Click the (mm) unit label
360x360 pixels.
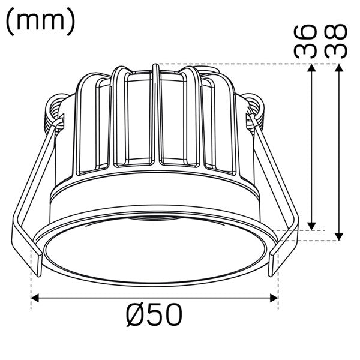(41, 21)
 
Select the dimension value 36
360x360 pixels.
(306, 40)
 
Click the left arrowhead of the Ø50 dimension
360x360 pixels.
(35, 297)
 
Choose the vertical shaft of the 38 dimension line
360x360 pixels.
(340, 150)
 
